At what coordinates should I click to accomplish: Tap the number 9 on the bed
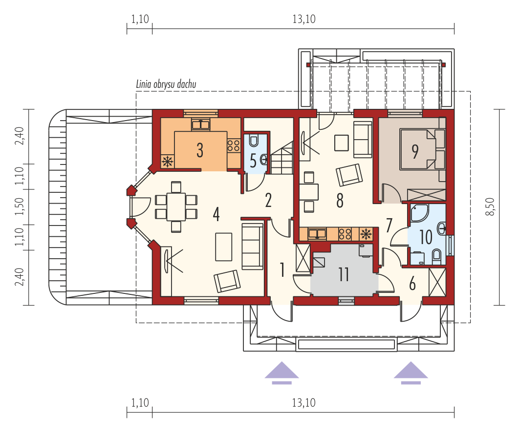tap(415, 151)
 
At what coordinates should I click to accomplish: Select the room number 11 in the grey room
tap(344, 274)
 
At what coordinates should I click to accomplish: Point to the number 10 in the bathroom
tap(426, 237)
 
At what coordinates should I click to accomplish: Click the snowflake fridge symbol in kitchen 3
tap(168, 162)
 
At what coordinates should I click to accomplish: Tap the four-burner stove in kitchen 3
tap(234, 145)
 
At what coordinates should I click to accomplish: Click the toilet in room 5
tap(254, 141)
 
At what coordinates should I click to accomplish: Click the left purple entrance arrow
tap(282, 372)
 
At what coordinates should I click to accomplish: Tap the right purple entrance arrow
tap(411, 372)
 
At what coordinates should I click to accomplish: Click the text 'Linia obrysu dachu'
tap(166, 84)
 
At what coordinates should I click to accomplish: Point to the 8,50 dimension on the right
tap(491, 206)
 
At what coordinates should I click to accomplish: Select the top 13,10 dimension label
tap(304, 19)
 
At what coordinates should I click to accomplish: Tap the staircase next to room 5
tap(282, 157)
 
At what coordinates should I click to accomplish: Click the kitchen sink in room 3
tap(200, 124)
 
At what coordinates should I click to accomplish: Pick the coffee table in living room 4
tap(223, 247)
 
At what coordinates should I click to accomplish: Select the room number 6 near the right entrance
tap(412, 284)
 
